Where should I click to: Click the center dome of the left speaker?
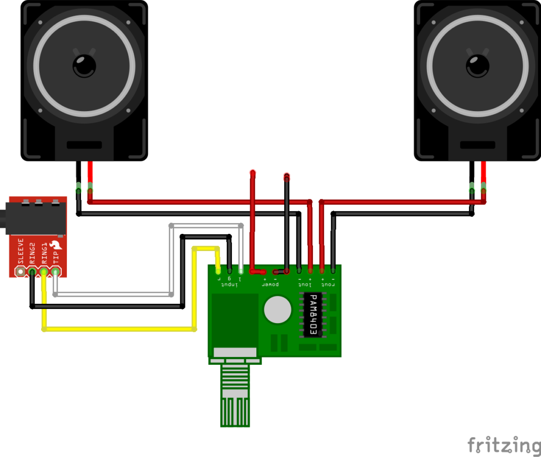pos(84,65)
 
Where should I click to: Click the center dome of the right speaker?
pos(478,65)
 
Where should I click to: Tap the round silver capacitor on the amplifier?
pos(278,309)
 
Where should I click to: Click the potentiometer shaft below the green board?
pos(236,396)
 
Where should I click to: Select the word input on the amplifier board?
pos(229,286)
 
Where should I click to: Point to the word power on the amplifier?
pos(270,285)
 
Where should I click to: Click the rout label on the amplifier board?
pos(328,285)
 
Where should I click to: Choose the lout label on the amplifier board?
pos(304,285)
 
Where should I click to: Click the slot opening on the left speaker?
pos(84,145)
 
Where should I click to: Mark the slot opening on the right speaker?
pos(478,145)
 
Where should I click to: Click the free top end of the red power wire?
pos(253,173)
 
